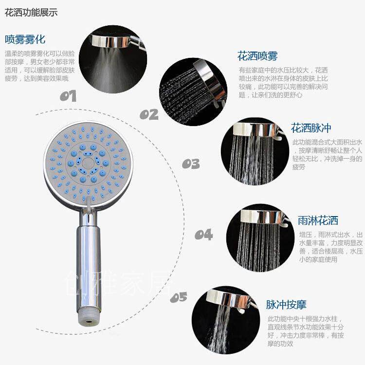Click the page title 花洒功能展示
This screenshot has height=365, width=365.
31,12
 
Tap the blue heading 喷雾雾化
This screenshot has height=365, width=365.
25,39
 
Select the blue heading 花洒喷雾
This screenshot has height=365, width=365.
257,56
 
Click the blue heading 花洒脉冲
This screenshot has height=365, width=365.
311,128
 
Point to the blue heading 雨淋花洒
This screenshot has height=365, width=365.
318,220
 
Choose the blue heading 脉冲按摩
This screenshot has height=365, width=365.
286,305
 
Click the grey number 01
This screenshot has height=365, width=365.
68,96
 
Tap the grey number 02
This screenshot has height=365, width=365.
149,114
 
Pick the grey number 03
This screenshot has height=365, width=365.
191,164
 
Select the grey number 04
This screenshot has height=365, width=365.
204,235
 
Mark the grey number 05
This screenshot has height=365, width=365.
179,297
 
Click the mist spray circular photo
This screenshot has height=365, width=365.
113,59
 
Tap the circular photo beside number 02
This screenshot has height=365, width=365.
193,91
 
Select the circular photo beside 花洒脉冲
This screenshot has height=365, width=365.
255,151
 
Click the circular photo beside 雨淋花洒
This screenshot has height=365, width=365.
260,237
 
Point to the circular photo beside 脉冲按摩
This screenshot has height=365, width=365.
226,320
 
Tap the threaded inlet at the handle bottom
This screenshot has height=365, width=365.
89,318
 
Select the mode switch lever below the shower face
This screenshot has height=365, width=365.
89,204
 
